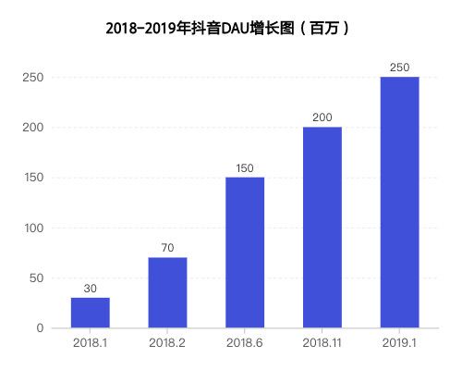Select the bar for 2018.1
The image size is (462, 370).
pos(91,313)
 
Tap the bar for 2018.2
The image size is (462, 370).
pos(167,292)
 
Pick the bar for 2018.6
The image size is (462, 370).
pos(245,253)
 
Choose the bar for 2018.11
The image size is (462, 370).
pos(322,228)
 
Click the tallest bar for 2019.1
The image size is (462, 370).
pos(400,203)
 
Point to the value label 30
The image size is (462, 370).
pos(91,289)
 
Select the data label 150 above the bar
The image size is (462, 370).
pos(245,168)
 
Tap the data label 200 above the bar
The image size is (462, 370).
pos(322,117)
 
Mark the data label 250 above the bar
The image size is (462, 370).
pos(400,68)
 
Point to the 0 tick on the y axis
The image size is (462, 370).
pos(40,328)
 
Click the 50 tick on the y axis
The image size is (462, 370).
pos(37,278)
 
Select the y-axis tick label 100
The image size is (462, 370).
pos(34,228)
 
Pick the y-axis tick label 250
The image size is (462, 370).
pos(34,78)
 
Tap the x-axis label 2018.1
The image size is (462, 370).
pos(91,343)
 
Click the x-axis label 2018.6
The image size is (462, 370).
pos(245,343)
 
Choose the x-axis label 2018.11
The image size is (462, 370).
pos(322,343)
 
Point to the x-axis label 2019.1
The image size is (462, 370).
pos(400,343)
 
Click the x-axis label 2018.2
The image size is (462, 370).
pos(167,343)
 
